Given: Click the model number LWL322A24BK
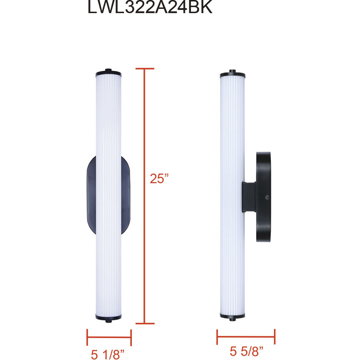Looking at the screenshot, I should coord(150,8).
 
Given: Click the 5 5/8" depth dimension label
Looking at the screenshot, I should coord(246,351).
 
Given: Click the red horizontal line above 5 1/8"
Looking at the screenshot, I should coord(109,337).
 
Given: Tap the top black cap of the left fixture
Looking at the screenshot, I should coord(108,74).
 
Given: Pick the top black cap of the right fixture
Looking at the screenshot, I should coord(232,75).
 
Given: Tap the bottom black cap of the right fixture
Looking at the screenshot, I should coord(232,315).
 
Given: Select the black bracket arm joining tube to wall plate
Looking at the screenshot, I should coord(249,197).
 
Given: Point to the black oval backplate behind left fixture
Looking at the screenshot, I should coord(91,195).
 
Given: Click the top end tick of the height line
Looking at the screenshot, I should coord(145,69).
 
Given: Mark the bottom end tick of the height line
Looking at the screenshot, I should coord(145,323).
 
